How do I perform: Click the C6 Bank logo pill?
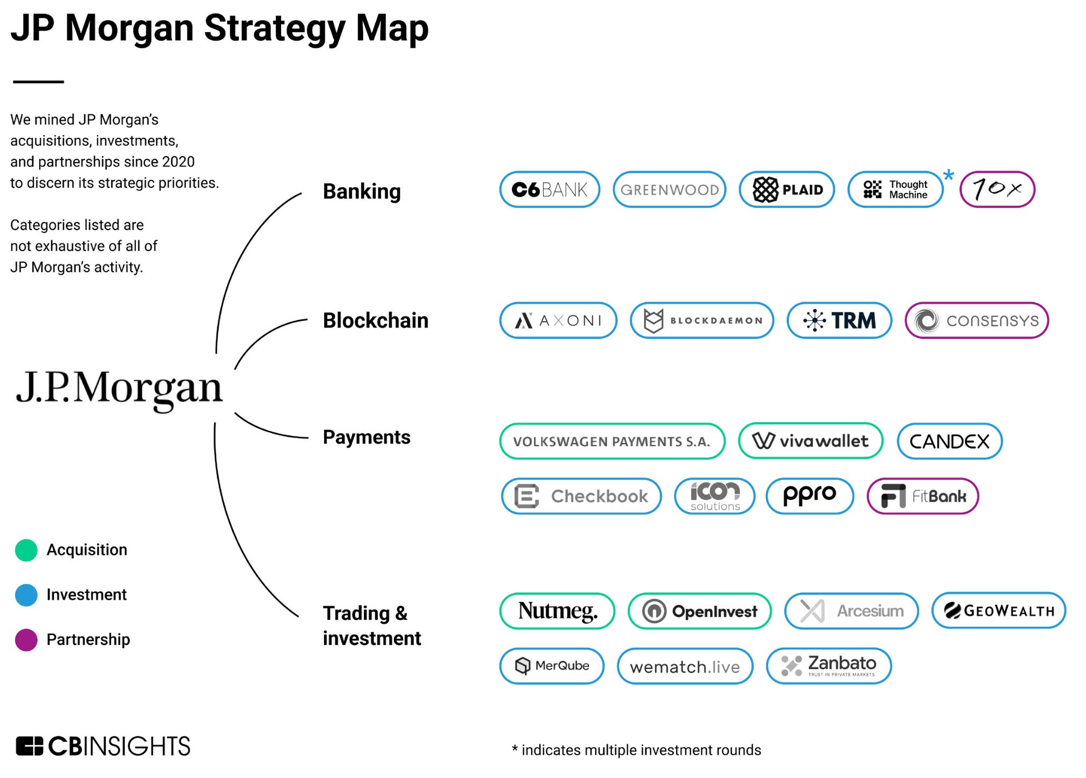pyautogui.click(x=549, y=189)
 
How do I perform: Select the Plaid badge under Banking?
pyautogui.click(x=787, y=189)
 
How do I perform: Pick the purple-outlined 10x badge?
pyautogui.click(x=997, y=189)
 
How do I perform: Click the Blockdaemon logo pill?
pyautogui.click(x=702, y=320)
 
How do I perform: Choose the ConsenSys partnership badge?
pyautogui.click(x=977, y=320)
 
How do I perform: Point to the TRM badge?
pyautogui.click(x=839, y=320)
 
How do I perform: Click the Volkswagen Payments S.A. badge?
pyautogui.click(x=612, y=441)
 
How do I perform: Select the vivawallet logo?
pyautogui.click(x=810, y=441)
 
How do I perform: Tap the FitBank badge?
pyautogui.click(x=923, y=496)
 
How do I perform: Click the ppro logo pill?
pyautogui.click(x=809, y=496)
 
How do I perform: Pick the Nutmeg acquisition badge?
pyautogui.click(x=557, y=611)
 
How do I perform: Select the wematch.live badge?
pyautogui.click(x=685, y=666)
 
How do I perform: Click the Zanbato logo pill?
pyautogui.click(x=828, y=666)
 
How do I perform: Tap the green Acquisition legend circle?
pyautogui.click(x=26, y=550)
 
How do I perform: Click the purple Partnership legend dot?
pyautogui.click(x=26, y=640)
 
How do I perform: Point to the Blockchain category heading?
pyautogui.click(x=376, y=321)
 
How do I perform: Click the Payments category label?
pyautogui.click(x=366, y=437)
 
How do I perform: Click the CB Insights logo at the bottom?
pyautogui.click(x=103, y=746)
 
